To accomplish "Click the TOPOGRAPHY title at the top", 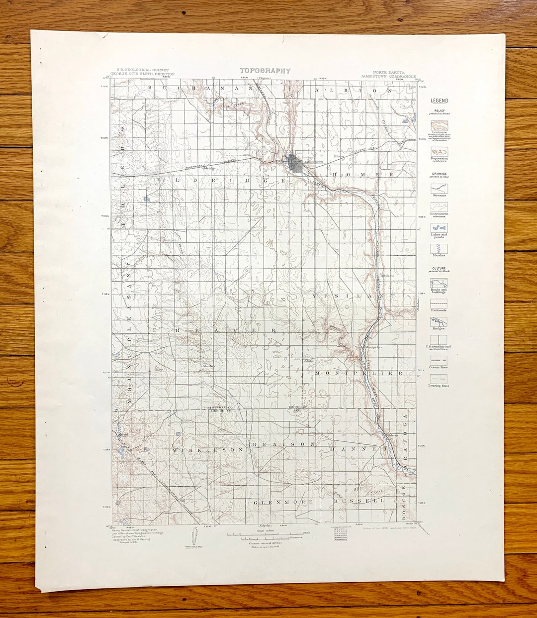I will pyautogui.click(x=265, y=71).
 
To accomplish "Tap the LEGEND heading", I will pyautogui.click(x=439, y=101).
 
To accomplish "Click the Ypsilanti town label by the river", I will pyautogui.click(x=386, y=275).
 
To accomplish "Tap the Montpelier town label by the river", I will pyautogui.click(x=373, y=347).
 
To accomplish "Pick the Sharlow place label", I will pyautogui.click(x=208, y=366).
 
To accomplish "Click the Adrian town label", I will pyautogui.click(x=393, y=435).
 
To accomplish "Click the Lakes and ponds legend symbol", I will pyautogui.click(x=439, y=227).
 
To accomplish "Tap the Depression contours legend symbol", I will pyautogui.click(x=439, y=151).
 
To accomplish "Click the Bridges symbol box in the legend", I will pyautogui.click(x=439, y=321).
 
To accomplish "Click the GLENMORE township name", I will pyautogui.click(x=283, y=502).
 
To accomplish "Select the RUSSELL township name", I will pyautogui.click(x=359, y=501).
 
